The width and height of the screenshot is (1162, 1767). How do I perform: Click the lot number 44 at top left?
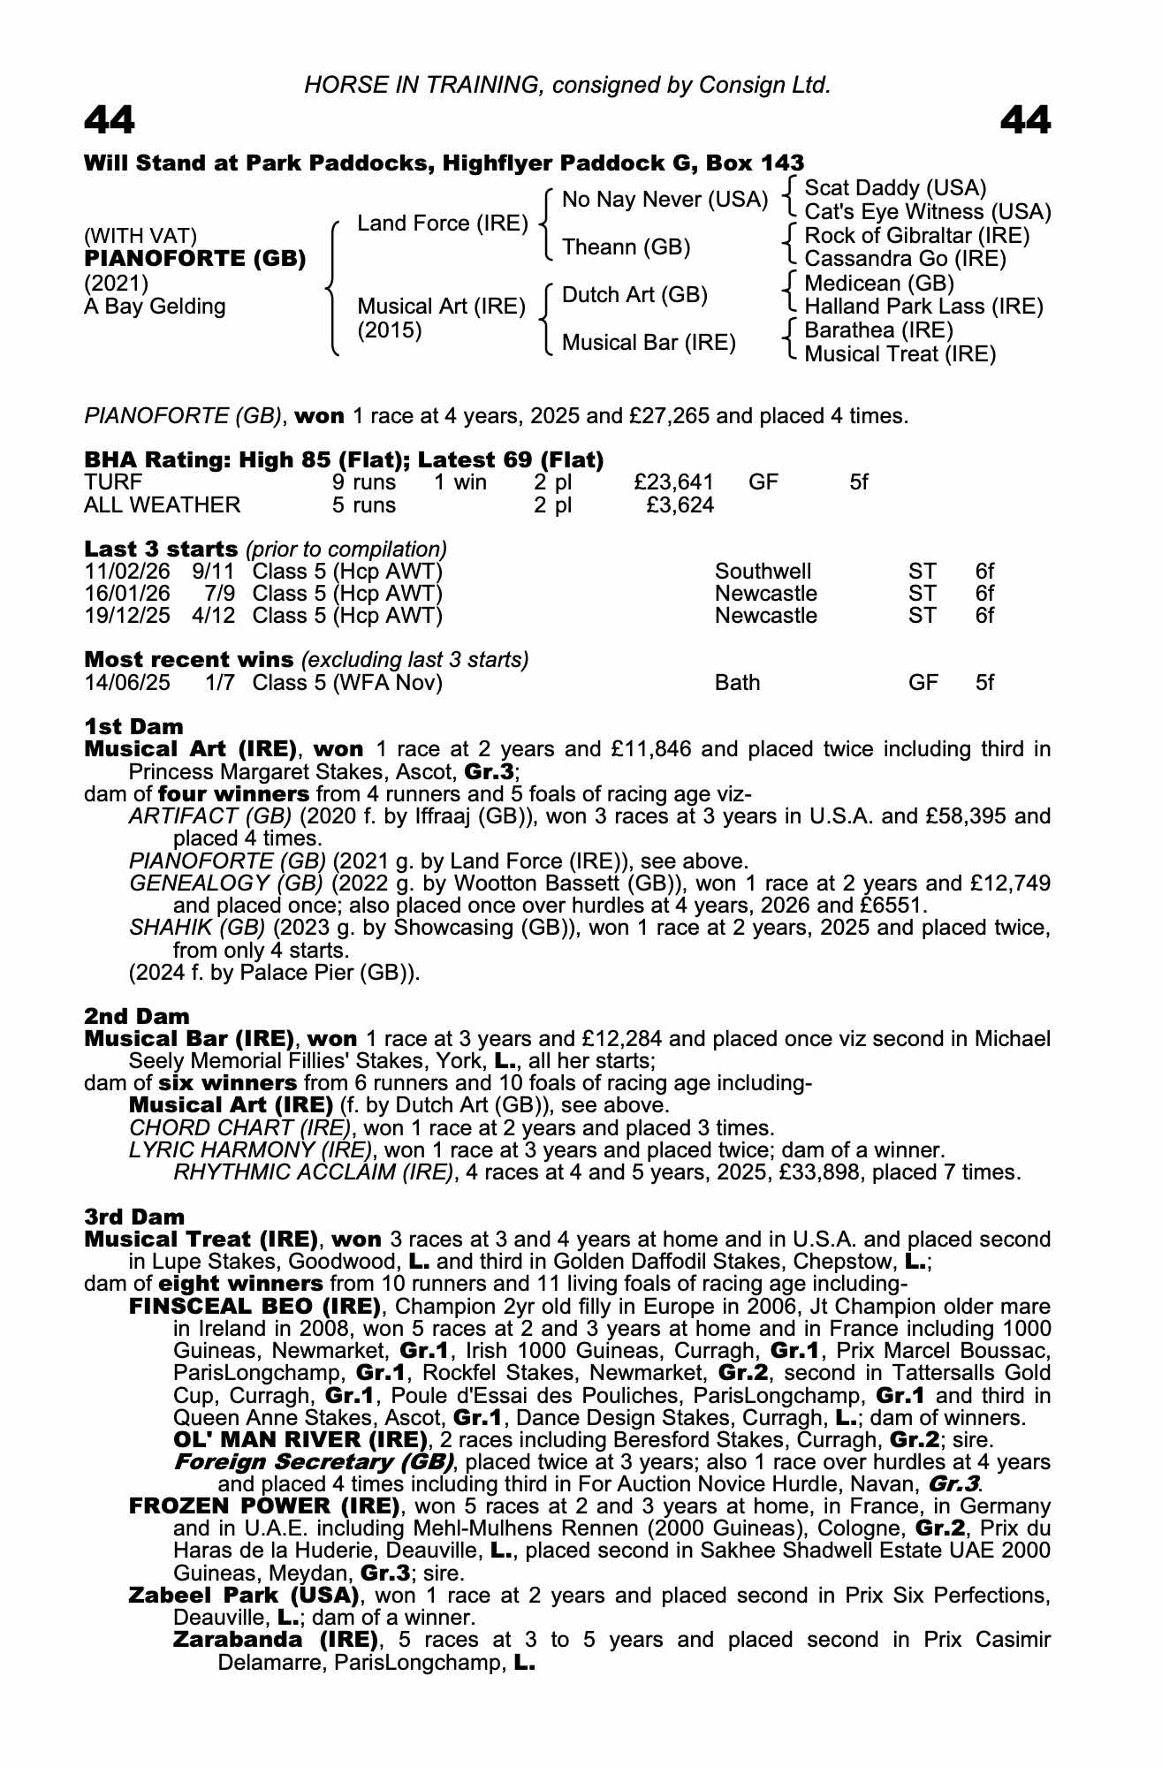[110, 121]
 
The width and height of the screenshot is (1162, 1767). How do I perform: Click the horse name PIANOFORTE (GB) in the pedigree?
[194, 259]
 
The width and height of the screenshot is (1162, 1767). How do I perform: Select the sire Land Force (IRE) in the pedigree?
[442, 224]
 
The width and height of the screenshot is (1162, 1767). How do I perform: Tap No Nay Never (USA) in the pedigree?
[665, 200]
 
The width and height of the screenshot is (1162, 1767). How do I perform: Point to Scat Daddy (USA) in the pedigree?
[895, 188]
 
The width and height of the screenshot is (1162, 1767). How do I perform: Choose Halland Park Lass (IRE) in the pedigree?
[923, 307]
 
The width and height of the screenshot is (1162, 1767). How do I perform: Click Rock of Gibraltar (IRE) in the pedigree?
[917, 236]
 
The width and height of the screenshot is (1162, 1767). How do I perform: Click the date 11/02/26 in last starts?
[127, 572]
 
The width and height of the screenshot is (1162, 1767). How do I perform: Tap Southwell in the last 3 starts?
[763, 572]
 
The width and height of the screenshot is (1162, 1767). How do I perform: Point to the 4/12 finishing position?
[214, 616]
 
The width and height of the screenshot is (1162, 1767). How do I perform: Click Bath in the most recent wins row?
[737, 683]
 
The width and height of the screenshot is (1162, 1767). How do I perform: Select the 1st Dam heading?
[134, 726]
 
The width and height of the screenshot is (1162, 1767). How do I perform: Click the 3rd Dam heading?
[134, 1217]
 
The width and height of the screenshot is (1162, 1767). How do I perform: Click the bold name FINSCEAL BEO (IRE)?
[254, 1307]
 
